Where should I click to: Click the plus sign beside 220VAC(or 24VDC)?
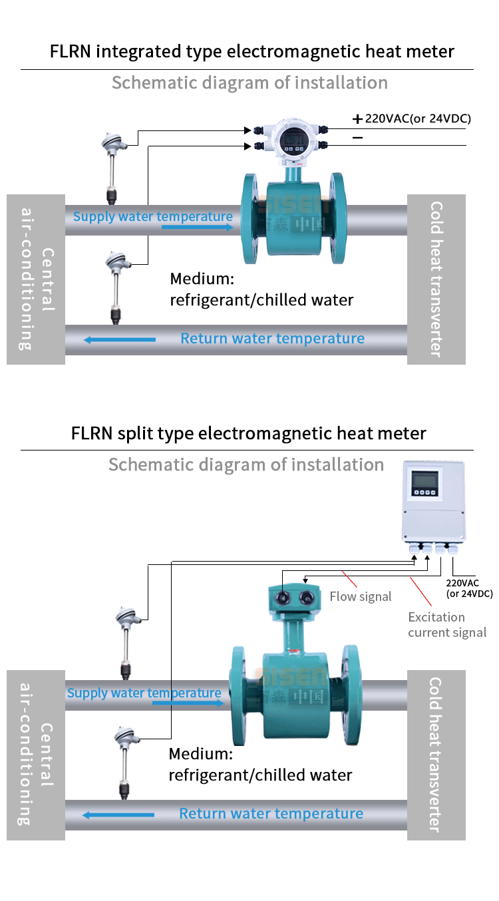coord(357,120)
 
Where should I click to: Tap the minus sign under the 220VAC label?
coord(357,138)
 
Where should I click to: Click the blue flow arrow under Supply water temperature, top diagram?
coord(197,228)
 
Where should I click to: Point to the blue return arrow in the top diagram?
coord(120,340)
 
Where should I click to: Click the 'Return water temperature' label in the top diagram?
coord(273,339)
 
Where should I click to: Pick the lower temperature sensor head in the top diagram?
coord(115,262)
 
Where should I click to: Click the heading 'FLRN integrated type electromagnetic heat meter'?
coord(252,52)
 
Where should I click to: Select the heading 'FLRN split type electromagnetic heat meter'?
coord(249,434)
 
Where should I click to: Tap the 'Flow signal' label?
coord(361,597)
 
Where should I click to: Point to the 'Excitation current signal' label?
coord(447,625)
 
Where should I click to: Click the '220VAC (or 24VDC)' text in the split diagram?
coord(469,588)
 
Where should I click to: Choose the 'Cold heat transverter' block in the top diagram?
coord(436,279)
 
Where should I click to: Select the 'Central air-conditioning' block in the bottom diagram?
coord(36,755)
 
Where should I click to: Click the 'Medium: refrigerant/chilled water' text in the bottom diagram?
coord(260,765)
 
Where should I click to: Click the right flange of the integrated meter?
coord(336,218)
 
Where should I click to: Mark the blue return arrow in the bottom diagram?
coord(118,814)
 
